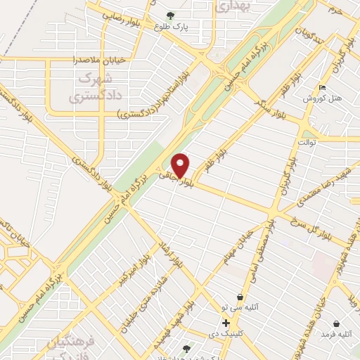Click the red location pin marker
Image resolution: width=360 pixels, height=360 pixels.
coord(181,165)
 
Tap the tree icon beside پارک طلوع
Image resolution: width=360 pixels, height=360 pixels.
coord(169,15)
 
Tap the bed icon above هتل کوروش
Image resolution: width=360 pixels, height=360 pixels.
coord(323,88)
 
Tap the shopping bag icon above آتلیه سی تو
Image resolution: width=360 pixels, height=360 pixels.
coord(241,297)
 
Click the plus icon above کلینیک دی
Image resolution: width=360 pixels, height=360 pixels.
coord(226,322)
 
